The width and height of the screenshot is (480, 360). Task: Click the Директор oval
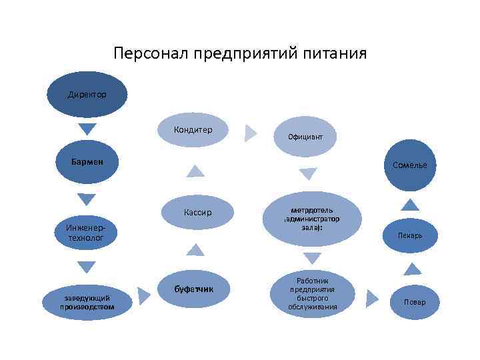[x=87, y=95]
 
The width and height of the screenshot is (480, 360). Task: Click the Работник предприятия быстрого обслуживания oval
[x=312, y=294]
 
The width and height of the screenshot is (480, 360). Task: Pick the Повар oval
[x=414, y=302]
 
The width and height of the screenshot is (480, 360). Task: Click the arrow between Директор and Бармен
[x=87, y=129]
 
